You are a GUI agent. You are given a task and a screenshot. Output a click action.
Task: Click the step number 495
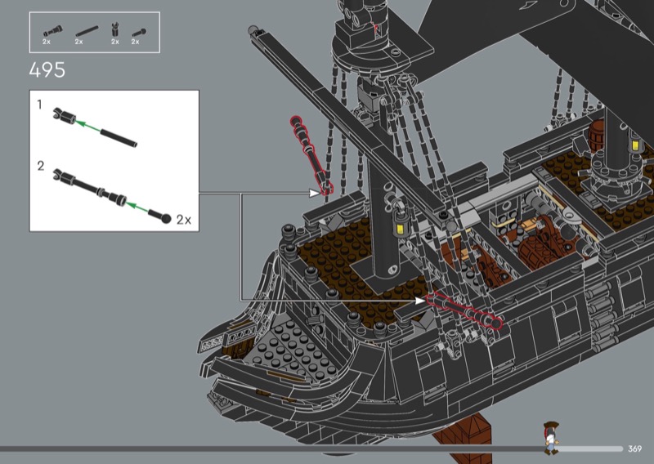pyautogui.click(x=47, y=70)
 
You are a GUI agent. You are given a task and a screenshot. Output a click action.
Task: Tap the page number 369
pyautogui.click(x=634, y=448)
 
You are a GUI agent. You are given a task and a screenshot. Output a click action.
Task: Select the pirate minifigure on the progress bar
pyautogui.click(x=551, y=438)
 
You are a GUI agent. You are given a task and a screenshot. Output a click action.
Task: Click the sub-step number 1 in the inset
pyautogui.click(x=39, y=105)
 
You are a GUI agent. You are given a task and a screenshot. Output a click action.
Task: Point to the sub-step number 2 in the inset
pyautogui.click(x=40, y=166)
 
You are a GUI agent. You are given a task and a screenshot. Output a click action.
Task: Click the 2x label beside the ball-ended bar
pyautogui.click(x=184, y=220)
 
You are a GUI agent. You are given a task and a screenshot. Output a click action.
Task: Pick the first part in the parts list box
pyautogui.click(x=52, y=31)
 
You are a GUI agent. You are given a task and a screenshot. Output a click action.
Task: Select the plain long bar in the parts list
pyautogui.click(x=87, y=32)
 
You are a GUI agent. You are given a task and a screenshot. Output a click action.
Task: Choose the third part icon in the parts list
pyautogui.click(x=115, y=29)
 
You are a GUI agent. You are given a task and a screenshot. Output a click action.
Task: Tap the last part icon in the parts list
pyautogui.click(x=139, y=33)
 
